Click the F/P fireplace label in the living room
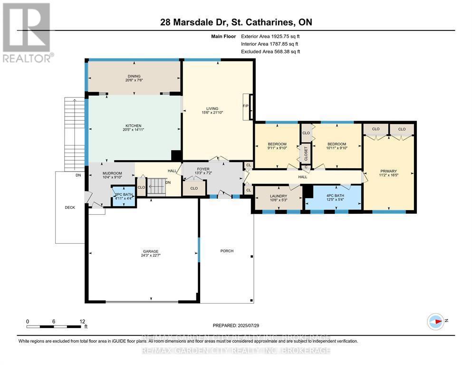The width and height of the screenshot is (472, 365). [x=246, y=106]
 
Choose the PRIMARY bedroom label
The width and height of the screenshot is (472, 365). [x=388, y=171]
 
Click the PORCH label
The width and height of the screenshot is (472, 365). [x=227, y=251]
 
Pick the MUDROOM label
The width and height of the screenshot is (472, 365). [x=112, y=173]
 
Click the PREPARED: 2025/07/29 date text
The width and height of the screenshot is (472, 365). [x=236, y=325]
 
